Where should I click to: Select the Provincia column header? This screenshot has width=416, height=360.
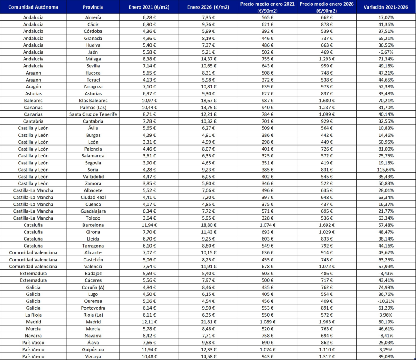(93, 7)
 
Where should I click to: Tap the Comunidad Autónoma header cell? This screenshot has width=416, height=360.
(33, 7)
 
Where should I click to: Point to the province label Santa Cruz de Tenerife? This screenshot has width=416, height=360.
(93, 114)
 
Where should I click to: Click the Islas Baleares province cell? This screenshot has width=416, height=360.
(93, 100)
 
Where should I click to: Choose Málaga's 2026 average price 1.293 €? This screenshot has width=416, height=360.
(327, 59)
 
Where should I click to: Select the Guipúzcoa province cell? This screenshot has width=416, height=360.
(93, 349)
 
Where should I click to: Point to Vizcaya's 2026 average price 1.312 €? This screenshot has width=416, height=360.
(327, 357)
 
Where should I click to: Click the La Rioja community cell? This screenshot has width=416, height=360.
(33, 315)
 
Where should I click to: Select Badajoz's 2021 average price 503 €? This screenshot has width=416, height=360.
(268, 274)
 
